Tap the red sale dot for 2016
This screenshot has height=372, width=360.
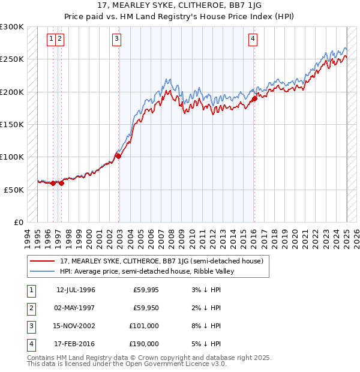click(x=254, y=99)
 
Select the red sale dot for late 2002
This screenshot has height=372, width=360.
click(x=118, y=156)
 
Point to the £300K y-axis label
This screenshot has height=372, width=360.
click(x=12, y=27)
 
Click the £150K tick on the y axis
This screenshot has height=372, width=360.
click(x=12, y=125)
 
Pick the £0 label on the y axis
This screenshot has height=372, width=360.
click(x=18, y=222)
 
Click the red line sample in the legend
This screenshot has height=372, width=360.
click(x=42, y=261)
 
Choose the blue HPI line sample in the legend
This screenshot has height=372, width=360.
click(x=42, y=271)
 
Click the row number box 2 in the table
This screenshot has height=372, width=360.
click(x=30, y=308)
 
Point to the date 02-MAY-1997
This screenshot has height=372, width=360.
click(x=76, y=308)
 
